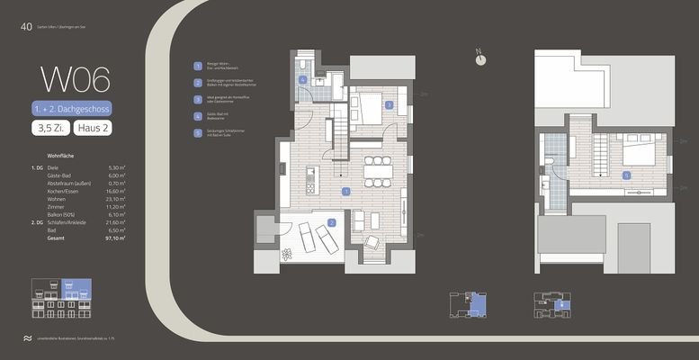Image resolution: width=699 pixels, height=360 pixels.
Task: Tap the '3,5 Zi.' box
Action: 50,129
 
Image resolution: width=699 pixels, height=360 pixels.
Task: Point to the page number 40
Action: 26,27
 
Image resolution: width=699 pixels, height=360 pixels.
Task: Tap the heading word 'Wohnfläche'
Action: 59,156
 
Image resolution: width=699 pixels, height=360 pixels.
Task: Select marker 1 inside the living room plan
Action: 346,191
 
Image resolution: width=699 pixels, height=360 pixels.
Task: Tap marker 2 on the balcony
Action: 332,222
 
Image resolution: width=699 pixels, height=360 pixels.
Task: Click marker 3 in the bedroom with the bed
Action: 389,105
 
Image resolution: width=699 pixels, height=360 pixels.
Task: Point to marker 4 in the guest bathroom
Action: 303,80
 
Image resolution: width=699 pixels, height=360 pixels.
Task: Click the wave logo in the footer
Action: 27,337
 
